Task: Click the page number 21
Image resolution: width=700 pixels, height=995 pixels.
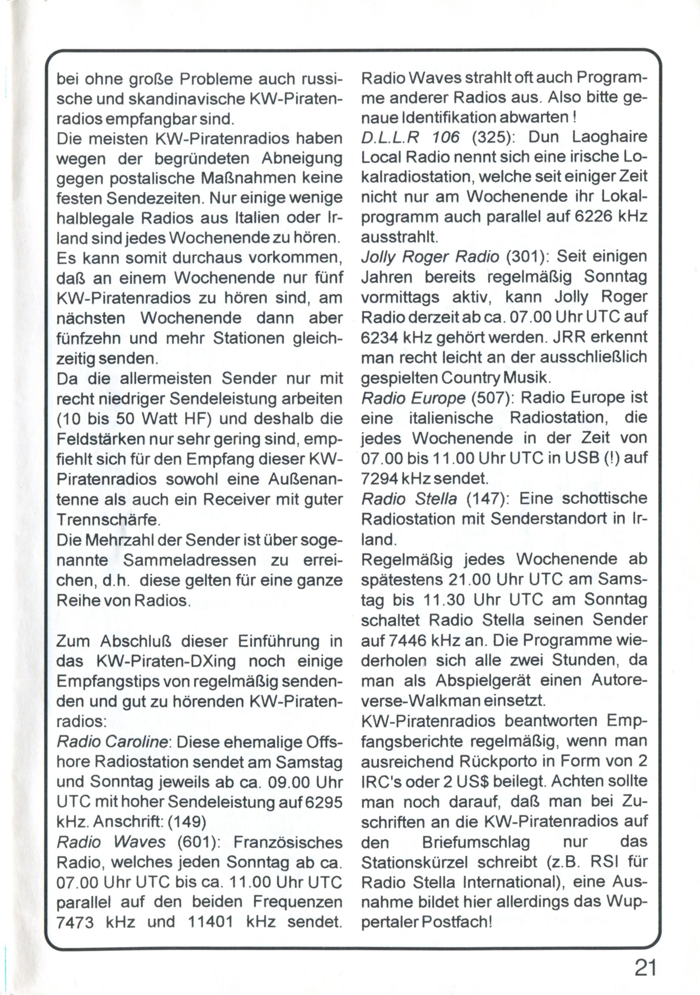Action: pyautogui.click(x=645, y=967)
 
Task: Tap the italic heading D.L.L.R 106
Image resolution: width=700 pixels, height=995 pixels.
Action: pyautogui.click(x=410, y=137)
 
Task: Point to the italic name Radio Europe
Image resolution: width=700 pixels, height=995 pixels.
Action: pyautogui.click(x=413, y=398)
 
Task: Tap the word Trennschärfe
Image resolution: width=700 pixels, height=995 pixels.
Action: pyautogui.click(x=108, y=519)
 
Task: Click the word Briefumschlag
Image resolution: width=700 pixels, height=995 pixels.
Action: pyautogui.click(x=476, y=842)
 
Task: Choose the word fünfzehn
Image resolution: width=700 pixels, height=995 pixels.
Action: pyautogui.click(x=90, y=338)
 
